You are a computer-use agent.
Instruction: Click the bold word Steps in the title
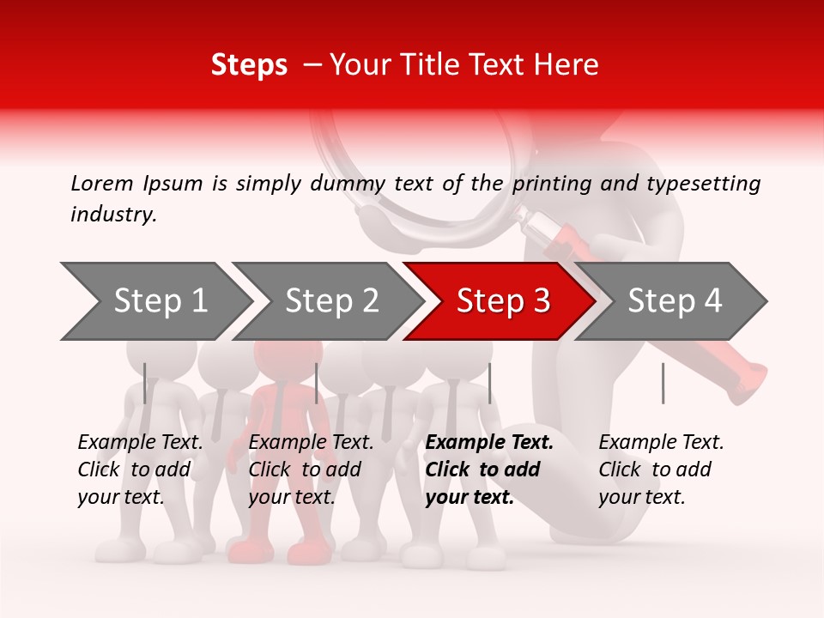[249, 65]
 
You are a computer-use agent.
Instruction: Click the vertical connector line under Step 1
[145, 383]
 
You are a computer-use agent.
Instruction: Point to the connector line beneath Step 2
[317, 383]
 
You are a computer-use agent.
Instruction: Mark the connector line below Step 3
[489, 383]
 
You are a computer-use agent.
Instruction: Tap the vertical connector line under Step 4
[663, 383]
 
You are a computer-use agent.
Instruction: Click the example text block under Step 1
[140, 470]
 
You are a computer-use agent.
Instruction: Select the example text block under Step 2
[311, 470]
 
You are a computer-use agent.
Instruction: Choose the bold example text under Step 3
[489, 470]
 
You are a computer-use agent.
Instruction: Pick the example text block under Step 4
[661, 470]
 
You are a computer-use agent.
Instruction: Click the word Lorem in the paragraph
[102, 183]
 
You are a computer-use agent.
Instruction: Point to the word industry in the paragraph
[113, 215]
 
